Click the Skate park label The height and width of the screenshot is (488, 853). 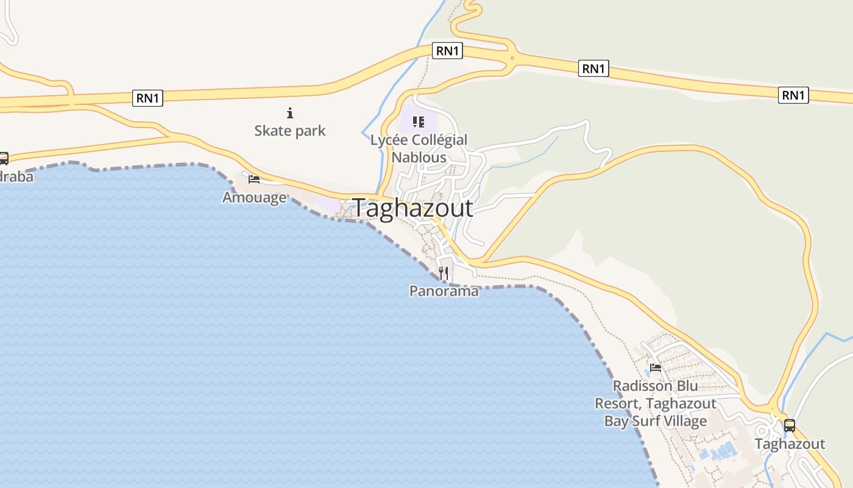pyautogui.click(x=290, y=131)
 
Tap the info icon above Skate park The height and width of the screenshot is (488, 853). pyautogui.click(x=290, y=113)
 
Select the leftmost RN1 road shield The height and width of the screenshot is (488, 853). pyautogui.click(x=147, y=98)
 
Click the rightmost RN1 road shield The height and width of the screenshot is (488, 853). pyautogui.click(x=793, y=95)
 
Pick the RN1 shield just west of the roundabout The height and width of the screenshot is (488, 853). pyautogui.click(x=447, y=51)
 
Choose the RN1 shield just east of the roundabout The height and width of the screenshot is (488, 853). pyautogui.click(x=593, y=68)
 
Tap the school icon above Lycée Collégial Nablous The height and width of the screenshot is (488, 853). pyautogui.click(x=418, y=122)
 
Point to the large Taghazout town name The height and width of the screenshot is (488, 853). pyautogui.click(x=412, y=208)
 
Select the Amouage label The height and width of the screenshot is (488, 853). pyautogui.click(x=254, y=198)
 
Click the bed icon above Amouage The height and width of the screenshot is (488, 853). pyautogui.click(x=254, y=179)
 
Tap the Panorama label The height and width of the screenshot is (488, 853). pyautogui.click(x=444, y=291)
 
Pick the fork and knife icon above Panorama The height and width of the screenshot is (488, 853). pyautogui.click(x=444, y=273)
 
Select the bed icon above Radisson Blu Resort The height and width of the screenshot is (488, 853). pyautogui.click(x=656, y=367)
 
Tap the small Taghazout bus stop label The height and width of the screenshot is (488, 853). pyautogui.click(x=790, y=443)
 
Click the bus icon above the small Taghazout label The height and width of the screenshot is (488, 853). pyautogui.click(x=790, y=425)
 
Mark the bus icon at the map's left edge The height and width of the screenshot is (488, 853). pyautogui.click(x=3, y=159)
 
